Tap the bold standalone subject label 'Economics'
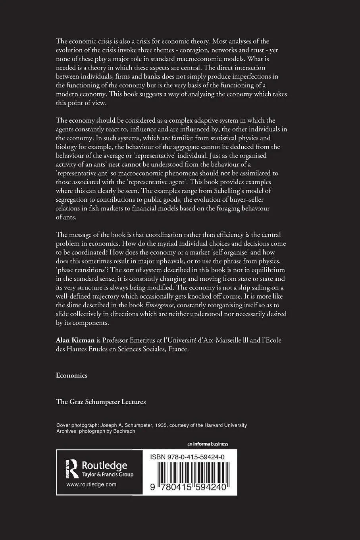tap(72, 375)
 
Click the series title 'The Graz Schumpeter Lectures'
tap(101, 401)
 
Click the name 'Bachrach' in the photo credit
tap(124, 431)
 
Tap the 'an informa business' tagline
tap(208, 444)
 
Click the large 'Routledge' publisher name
tap(104, 465)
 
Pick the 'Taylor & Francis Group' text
tap(108, 474)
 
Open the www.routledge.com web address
tap(91, 484)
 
